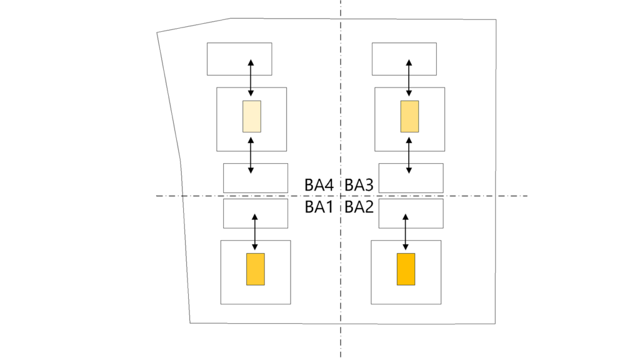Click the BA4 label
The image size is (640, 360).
pos(318,185)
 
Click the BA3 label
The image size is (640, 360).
pos(359,185)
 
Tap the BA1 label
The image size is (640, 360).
pos(318,207)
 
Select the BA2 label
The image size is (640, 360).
pos(359,207)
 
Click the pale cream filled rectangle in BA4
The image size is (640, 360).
pos(252,116)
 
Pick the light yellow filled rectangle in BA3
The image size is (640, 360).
pos(409,116)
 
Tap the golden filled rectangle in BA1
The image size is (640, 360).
pos(255,269)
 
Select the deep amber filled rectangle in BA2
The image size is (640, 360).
pos(406,269)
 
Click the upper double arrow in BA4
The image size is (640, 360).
pos(251,78)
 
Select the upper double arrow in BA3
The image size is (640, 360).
pos(409,78)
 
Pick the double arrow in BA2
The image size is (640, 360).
pos(406,232)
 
